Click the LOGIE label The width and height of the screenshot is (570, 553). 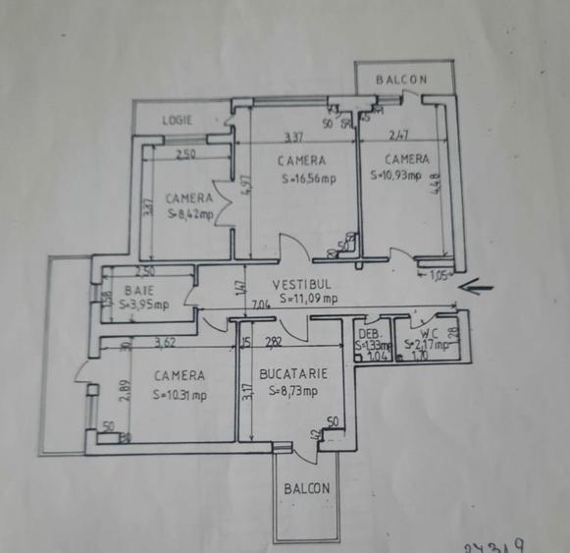click(178, 120)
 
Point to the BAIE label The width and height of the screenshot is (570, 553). click(139, 290)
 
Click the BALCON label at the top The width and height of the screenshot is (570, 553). click(403, 80)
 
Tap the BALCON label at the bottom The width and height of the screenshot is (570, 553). click(307, 488)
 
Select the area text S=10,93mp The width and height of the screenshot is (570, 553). click(396, 177)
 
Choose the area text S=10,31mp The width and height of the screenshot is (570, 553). click(181, 395)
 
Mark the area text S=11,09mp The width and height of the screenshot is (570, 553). click(309, 299)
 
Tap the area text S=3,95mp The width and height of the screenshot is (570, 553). click(144, 304)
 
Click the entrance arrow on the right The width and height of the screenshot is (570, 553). click(480, 288)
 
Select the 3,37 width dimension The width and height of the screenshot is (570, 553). click(294, 137)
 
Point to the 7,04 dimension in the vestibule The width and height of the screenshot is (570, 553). click(260, 305)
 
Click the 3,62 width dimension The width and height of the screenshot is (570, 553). click(171, 343)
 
